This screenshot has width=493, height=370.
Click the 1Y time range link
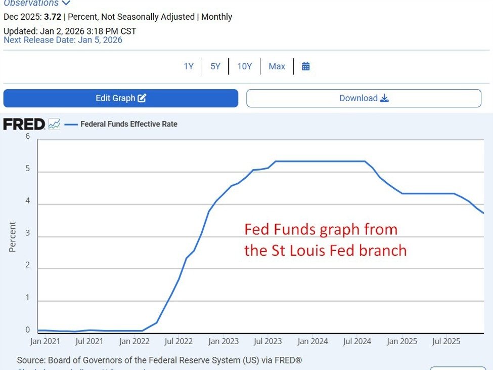pos(189,66)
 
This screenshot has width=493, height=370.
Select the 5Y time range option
pos(215,66)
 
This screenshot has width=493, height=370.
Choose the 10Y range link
pos(245,66)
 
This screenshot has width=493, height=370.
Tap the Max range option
pos(277,66)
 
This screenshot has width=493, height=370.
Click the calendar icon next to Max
pos(306,66)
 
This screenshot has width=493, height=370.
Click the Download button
pos(364,98)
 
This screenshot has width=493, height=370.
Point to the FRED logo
pos(24,124)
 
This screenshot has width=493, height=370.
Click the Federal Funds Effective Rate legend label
pos(129,124)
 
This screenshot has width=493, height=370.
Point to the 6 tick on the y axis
pos(28,137)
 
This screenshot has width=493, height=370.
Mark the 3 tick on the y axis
pos(28,233)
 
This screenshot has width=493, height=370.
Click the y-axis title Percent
pos(13,237)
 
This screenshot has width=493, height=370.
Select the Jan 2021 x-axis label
pos(44,342)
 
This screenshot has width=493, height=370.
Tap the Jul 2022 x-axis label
pos(178,342)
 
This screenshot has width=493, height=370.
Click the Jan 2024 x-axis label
pos(312,342)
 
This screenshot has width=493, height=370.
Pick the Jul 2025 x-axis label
pos(446,342)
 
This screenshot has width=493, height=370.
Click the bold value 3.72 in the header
pos(53,17)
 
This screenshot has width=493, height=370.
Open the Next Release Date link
pos(63,40)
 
